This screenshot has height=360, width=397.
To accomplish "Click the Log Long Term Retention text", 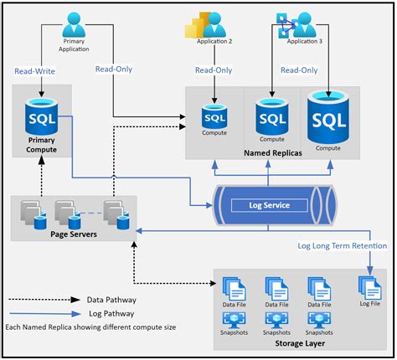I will pyautogui.click(x=343, y=246).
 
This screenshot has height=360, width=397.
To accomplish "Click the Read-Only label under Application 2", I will pyautogui.click(x=214, y=71).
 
